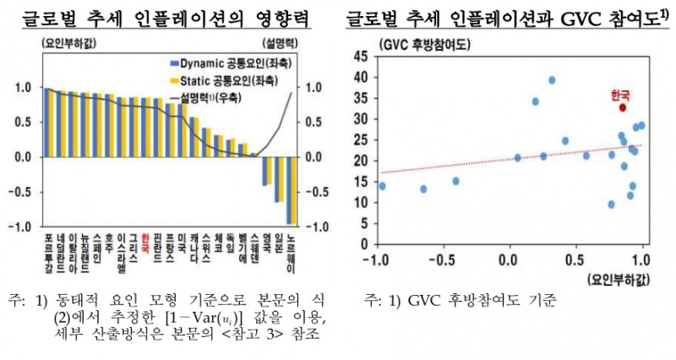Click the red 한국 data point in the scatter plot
coord(623,107)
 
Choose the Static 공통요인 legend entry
coord(215,80)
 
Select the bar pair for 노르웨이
coord(291,189)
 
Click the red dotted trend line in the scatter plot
coord(507,158)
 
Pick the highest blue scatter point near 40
coord(552,80)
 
